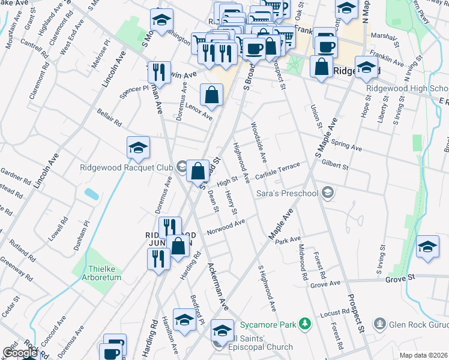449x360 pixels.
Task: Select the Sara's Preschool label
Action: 287,193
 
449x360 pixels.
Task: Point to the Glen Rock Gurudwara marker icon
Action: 379,325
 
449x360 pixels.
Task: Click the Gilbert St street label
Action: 335,165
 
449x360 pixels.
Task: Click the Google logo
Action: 20,353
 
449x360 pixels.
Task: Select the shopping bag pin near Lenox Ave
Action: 211,94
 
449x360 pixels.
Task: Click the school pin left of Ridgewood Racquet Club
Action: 138,148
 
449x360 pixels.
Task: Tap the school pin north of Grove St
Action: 427,247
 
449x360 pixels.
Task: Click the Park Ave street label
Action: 288,240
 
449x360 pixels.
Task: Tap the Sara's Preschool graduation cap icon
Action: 327,193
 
